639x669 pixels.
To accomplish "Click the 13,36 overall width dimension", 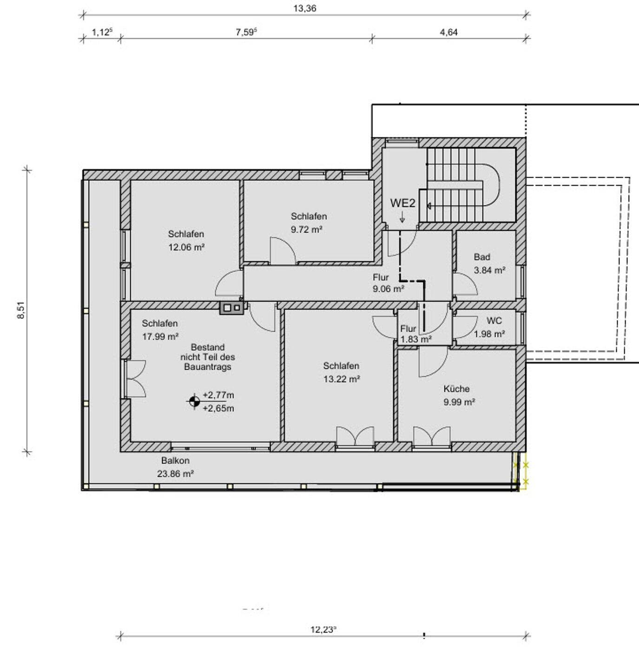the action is (304, 8).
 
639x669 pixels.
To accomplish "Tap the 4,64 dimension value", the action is (448, 33).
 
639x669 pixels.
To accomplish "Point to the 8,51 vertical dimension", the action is (21, 310).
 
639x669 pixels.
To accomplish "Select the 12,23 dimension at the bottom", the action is (323, 630).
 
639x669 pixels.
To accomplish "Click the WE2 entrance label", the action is (403, 203).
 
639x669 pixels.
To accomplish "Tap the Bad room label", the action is (482, 257).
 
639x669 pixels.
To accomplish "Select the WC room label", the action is (494, 321).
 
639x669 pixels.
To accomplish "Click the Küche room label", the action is (456, 389).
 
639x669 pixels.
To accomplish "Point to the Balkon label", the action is (175, 461).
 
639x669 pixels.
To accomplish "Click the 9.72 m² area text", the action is (306, 230).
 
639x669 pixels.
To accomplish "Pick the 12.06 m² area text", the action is (186, 247).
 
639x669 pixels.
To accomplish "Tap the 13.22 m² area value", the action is (342, 379).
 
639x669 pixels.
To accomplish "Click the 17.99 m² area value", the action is (160, 336).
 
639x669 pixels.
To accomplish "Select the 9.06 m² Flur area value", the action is (389, 289).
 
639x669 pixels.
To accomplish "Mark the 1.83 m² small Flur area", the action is (416, 340).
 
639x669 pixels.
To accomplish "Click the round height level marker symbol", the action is (194, 401).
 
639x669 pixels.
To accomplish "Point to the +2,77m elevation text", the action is (218, 395).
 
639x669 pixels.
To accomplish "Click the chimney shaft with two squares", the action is (232, 308).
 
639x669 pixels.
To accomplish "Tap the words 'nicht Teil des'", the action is (208, 357).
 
